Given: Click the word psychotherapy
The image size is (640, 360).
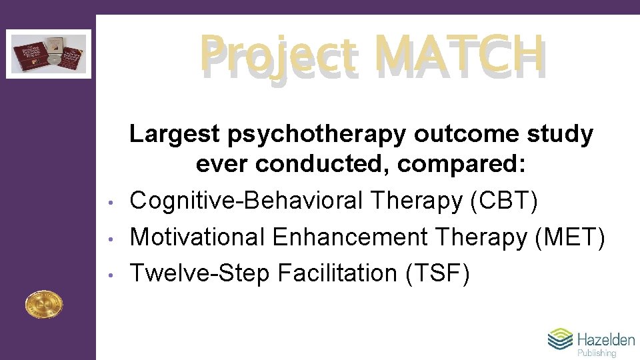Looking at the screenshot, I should click(x=317, y=135).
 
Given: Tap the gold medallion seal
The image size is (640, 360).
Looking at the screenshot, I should click(x=43, y=305).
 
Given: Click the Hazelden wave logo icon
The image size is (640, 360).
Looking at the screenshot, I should click(x=560, y=339).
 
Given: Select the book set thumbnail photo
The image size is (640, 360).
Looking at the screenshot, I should click(x=49, y=53).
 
